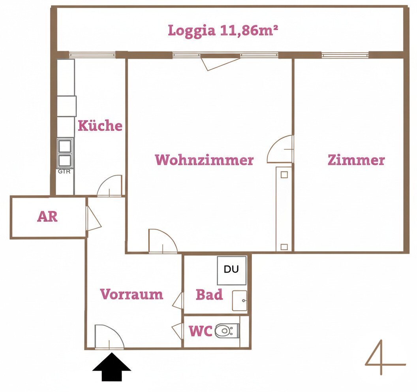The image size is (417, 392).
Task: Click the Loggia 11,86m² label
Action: [x=223, y=30]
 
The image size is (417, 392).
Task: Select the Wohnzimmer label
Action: [x=204, y=160]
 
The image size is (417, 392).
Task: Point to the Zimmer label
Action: [x=356, y=160]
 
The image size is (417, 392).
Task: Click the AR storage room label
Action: [x=47, y=217]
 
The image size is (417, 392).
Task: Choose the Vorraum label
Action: [x=131, y=294]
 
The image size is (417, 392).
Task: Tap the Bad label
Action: [x=209, y=294]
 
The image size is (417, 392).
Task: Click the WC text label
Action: [x=201, y=331]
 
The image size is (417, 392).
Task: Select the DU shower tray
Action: [x=231, y=270]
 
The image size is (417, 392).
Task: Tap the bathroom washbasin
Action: [x=239, y=300]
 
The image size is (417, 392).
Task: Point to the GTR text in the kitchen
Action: [x=64, y=171]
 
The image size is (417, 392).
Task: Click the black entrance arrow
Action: [x=112, y=367]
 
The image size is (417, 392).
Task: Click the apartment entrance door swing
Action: [x=109, y=336]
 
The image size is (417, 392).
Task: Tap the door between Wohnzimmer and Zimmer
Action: [x=280, y=149]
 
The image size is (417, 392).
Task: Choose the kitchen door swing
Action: [x=109, y=185]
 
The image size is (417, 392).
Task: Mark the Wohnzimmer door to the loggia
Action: [x=220, y=62]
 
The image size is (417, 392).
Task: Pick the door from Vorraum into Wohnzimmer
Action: [x=163, y=241]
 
